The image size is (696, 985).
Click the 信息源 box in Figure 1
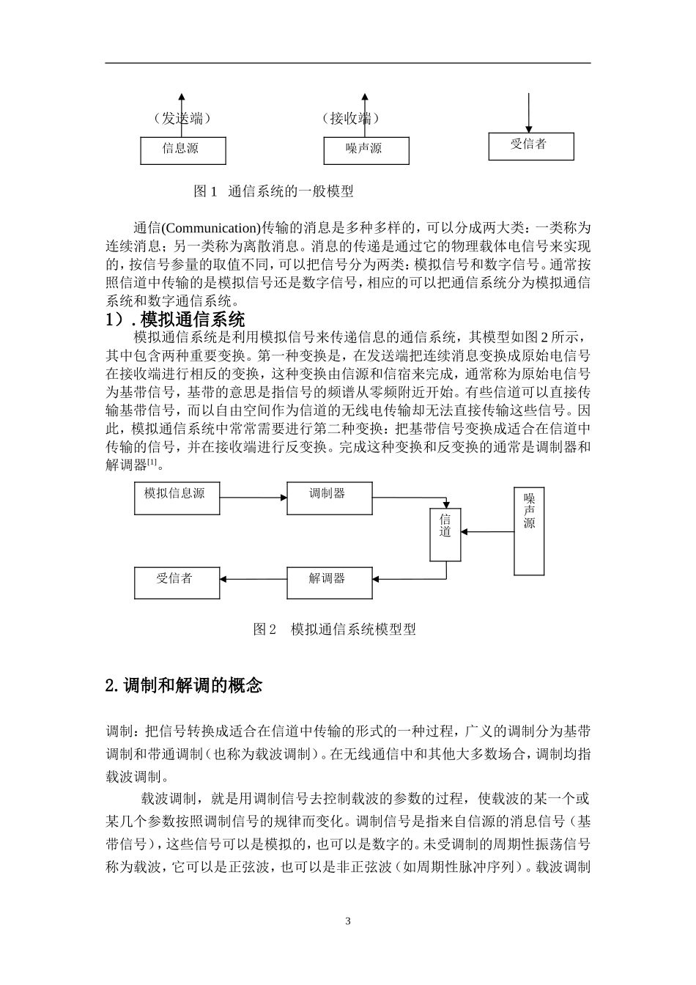183,150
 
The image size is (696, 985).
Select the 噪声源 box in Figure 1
366,150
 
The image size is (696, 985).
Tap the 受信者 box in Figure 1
531,145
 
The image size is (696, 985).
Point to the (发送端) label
182,118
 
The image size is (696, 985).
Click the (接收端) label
351,118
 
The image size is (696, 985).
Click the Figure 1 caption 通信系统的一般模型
274,191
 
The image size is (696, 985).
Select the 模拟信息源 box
177,498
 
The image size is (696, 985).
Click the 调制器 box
329,498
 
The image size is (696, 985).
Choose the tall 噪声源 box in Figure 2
529,531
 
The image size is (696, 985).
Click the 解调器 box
329,583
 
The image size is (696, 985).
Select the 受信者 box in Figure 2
177,583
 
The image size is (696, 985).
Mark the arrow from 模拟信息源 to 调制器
253,498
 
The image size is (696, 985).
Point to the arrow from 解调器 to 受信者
253,580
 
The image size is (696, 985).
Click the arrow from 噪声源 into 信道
488,533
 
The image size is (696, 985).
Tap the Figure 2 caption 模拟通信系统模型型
335,629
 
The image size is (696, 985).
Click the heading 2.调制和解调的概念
184,686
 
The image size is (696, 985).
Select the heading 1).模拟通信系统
176,320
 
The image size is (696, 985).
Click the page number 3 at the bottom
348,921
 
